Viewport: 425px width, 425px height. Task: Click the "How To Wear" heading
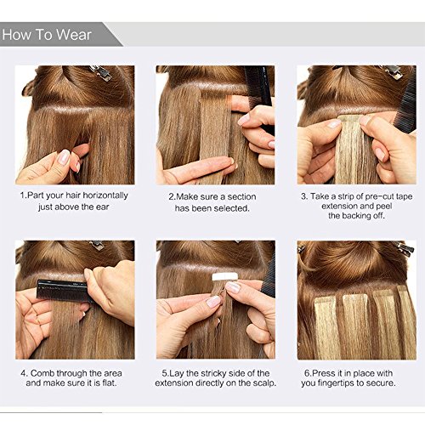(53, 35)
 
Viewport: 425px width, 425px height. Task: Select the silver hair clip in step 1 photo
(99, 73)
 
